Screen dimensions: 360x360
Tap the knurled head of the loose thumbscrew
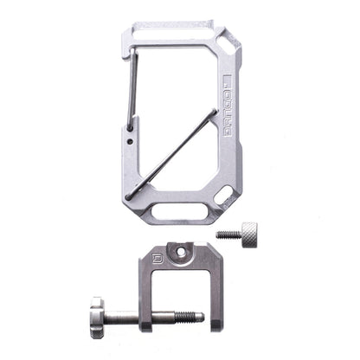click(x=248, y=232)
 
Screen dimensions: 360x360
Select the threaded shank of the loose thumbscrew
click(x=227, y=233)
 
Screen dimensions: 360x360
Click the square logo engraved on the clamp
click(x=157, y=257)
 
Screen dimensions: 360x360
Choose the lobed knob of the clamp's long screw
click(x=95, y=317)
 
